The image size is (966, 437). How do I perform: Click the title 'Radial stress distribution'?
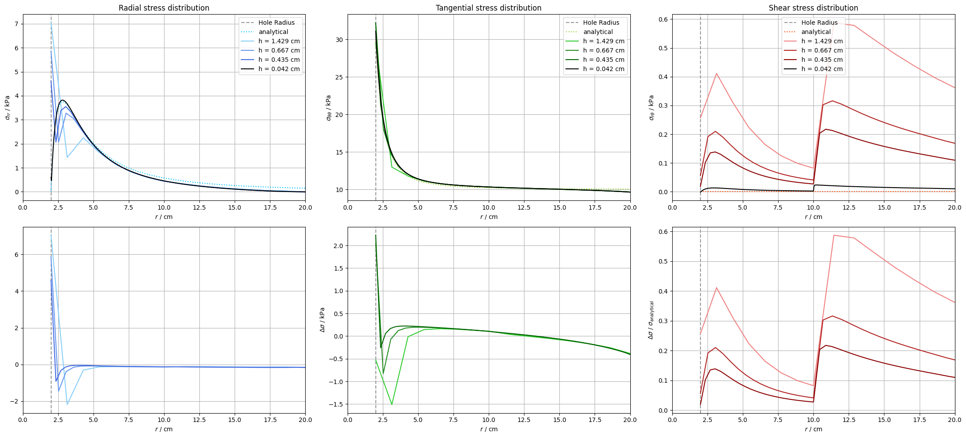[164, 8]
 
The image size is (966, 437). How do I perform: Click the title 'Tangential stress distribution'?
[488, 8]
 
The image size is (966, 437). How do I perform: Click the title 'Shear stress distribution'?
[813, 8]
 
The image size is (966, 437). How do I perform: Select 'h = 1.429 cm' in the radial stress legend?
[279, 41]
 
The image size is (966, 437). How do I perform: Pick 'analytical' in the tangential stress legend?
[598, 32]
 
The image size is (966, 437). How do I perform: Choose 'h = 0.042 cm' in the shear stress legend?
[822, 69]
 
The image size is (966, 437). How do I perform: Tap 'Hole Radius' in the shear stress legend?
[819, 23]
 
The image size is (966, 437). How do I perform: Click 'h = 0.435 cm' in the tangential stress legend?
[603, 60]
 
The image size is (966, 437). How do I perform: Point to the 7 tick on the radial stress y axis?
[16, 24]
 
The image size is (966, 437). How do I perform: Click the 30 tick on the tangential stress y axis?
[339, 40]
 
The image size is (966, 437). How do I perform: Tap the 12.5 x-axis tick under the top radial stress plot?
[199, 207]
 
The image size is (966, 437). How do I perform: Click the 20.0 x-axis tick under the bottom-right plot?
[955, 420]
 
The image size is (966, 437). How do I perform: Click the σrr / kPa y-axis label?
[7, 107]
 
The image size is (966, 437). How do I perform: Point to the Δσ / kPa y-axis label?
[322, 320]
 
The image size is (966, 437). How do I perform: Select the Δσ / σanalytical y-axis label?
[651, 320]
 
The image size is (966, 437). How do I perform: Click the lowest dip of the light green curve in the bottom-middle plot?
[392, 404]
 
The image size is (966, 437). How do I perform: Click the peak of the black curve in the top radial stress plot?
[63, 100]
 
